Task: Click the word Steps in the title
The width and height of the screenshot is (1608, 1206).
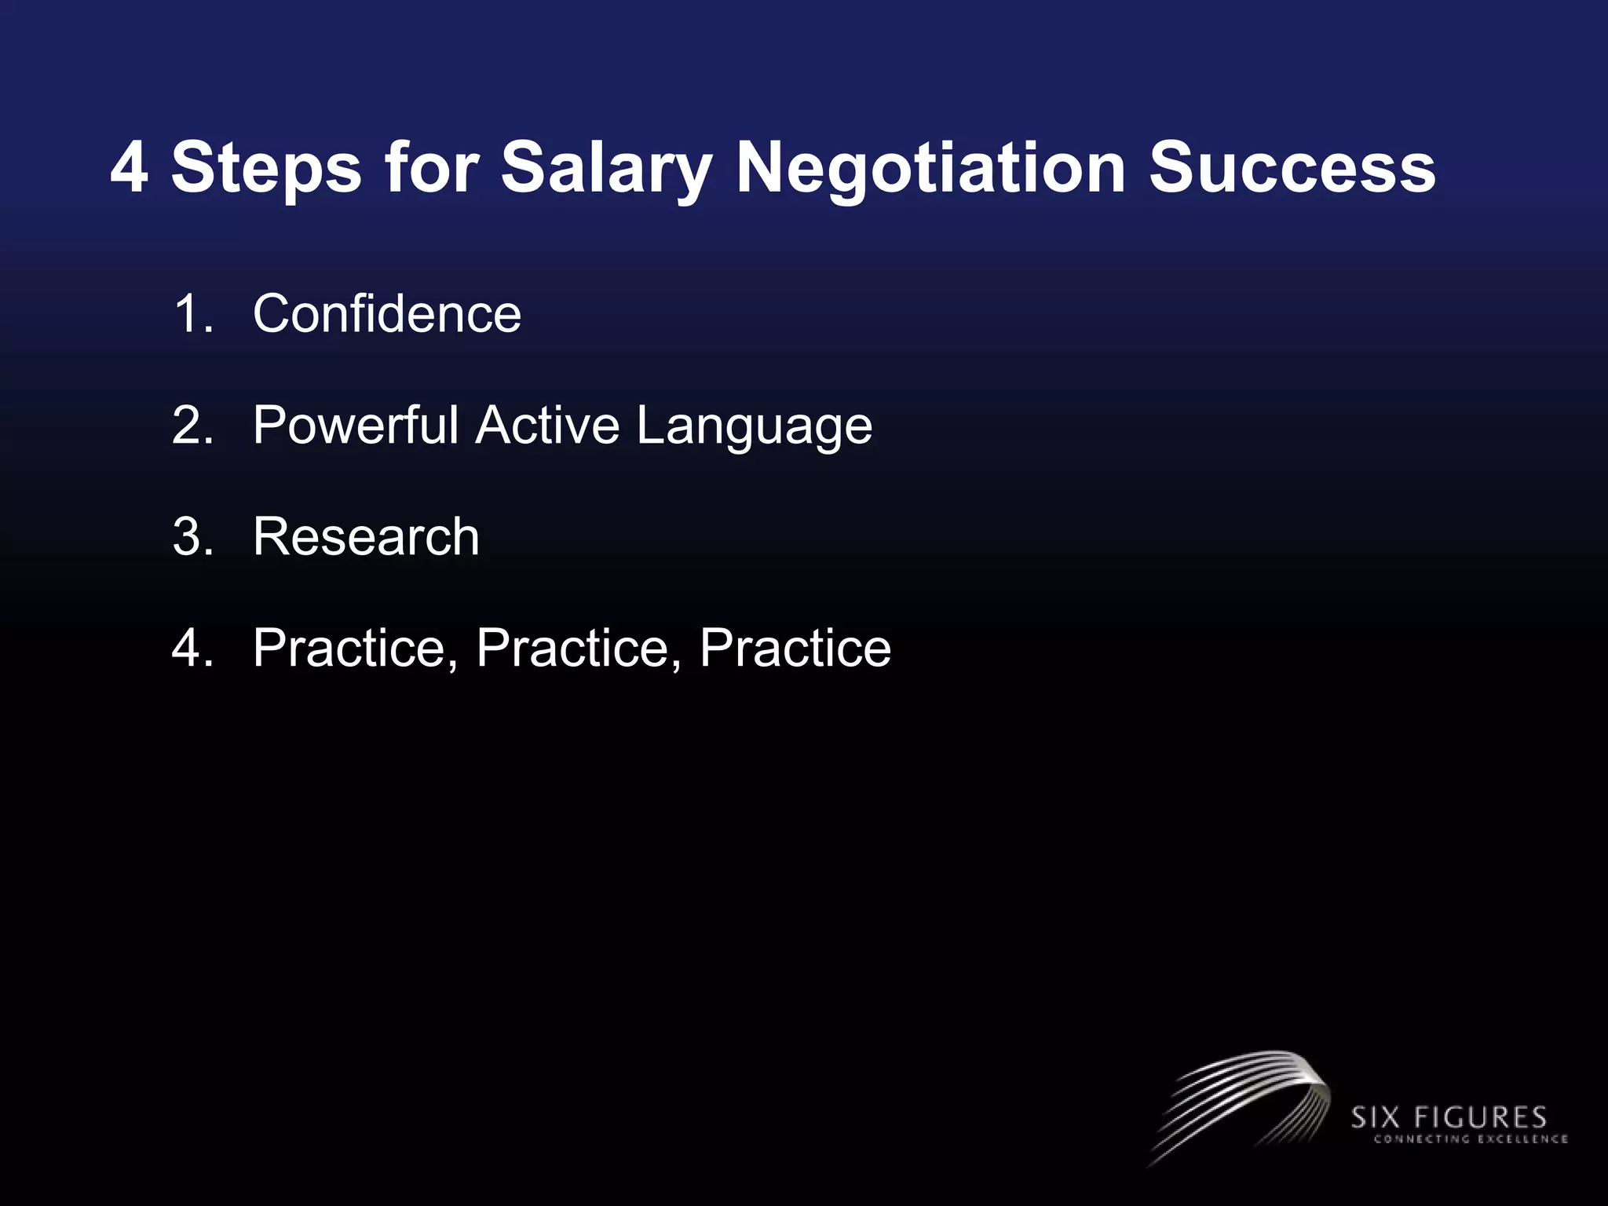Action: point(266,169)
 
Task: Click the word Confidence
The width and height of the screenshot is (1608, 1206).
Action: point(387,313)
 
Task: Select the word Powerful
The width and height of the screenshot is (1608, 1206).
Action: point(355,425)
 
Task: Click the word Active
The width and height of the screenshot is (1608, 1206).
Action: point(547,425)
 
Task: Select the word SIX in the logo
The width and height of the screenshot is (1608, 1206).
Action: point(1376,1117)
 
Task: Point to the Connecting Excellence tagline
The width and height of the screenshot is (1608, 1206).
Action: point(1470,1139)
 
